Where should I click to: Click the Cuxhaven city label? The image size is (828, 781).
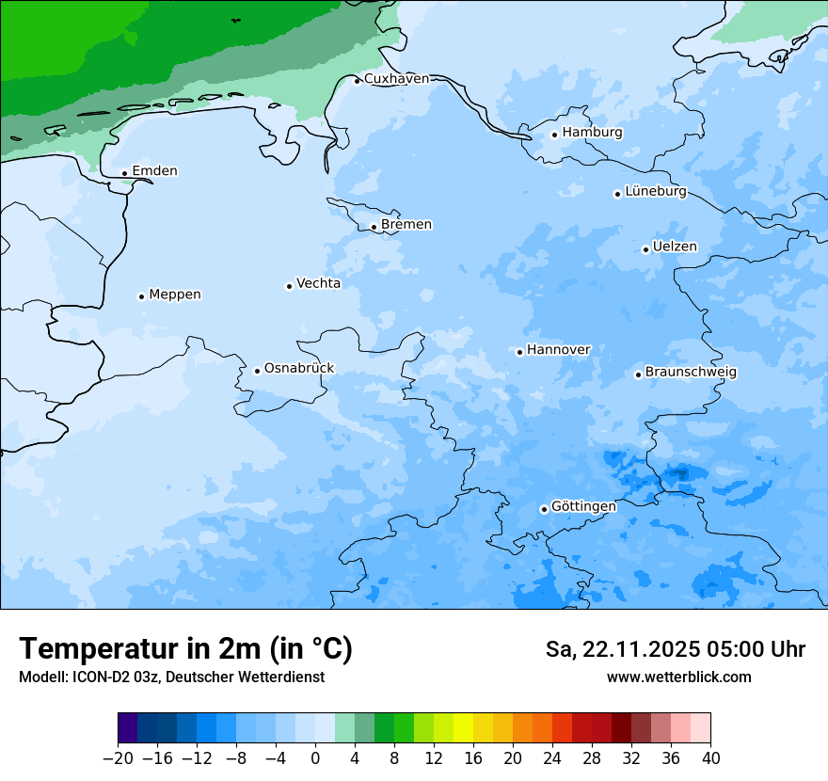(395, 79)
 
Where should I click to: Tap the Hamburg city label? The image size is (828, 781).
(592, 133)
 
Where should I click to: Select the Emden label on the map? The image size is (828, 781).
(154, 171)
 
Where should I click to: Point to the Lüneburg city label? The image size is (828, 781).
(655, 192)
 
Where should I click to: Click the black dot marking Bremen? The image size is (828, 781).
(374, 227)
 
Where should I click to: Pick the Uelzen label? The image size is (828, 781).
(675, 247)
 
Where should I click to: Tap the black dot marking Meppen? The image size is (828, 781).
(141, 296)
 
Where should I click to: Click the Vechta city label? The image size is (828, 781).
(318, 283)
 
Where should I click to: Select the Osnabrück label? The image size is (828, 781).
(298, 369)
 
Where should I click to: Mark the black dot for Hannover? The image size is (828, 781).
(519, 352)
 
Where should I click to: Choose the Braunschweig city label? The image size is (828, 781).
(691, 373)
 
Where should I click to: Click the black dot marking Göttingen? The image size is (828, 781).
(544, 509)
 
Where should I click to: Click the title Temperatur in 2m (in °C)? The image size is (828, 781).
(185, 649)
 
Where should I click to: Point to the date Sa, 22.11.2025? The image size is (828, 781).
(627, 649)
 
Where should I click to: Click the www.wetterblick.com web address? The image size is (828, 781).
(678, 677)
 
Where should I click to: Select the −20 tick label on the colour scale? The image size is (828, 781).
(118, 758)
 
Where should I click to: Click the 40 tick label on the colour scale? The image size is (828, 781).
(710, 758)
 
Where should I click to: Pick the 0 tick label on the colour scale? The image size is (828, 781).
(315, 758)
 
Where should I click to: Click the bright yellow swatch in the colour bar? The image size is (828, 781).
(463, 728)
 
